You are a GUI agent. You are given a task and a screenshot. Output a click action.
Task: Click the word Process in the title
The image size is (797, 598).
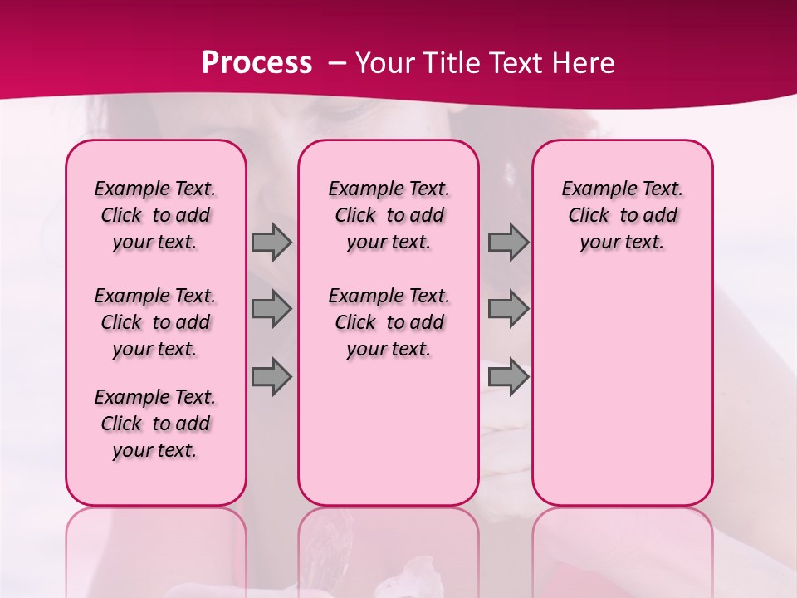257,62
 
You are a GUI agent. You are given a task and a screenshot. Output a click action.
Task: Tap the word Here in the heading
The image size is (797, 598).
584,62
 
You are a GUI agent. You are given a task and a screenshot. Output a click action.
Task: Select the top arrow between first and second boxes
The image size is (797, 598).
271,242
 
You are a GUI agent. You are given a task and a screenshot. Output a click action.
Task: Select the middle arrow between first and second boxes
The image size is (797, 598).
271,309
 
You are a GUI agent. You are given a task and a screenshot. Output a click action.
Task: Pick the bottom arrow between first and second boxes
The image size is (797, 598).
271,376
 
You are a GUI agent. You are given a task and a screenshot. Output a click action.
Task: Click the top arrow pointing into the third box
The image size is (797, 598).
508,242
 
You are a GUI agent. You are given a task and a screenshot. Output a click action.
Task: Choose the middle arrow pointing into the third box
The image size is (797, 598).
508,309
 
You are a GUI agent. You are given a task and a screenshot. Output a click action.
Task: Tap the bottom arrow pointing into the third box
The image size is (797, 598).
508,376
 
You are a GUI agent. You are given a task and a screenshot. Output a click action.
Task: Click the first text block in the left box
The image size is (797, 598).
155,215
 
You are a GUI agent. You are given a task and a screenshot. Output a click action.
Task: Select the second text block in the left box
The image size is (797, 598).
155,322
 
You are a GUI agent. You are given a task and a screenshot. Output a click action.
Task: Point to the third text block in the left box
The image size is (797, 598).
155,424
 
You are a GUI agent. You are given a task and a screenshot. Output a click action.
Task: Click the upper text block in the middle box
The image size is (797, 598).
389,215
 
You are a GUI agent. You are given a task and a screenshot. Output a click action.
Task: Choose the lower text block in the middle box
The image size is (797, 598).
389,322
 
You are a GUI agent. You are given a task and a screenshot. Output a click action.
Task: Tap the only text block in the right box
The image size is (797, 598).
623,215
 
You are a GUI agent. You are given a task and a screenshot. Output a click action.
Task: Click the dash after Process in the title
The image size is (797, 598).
337,63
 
